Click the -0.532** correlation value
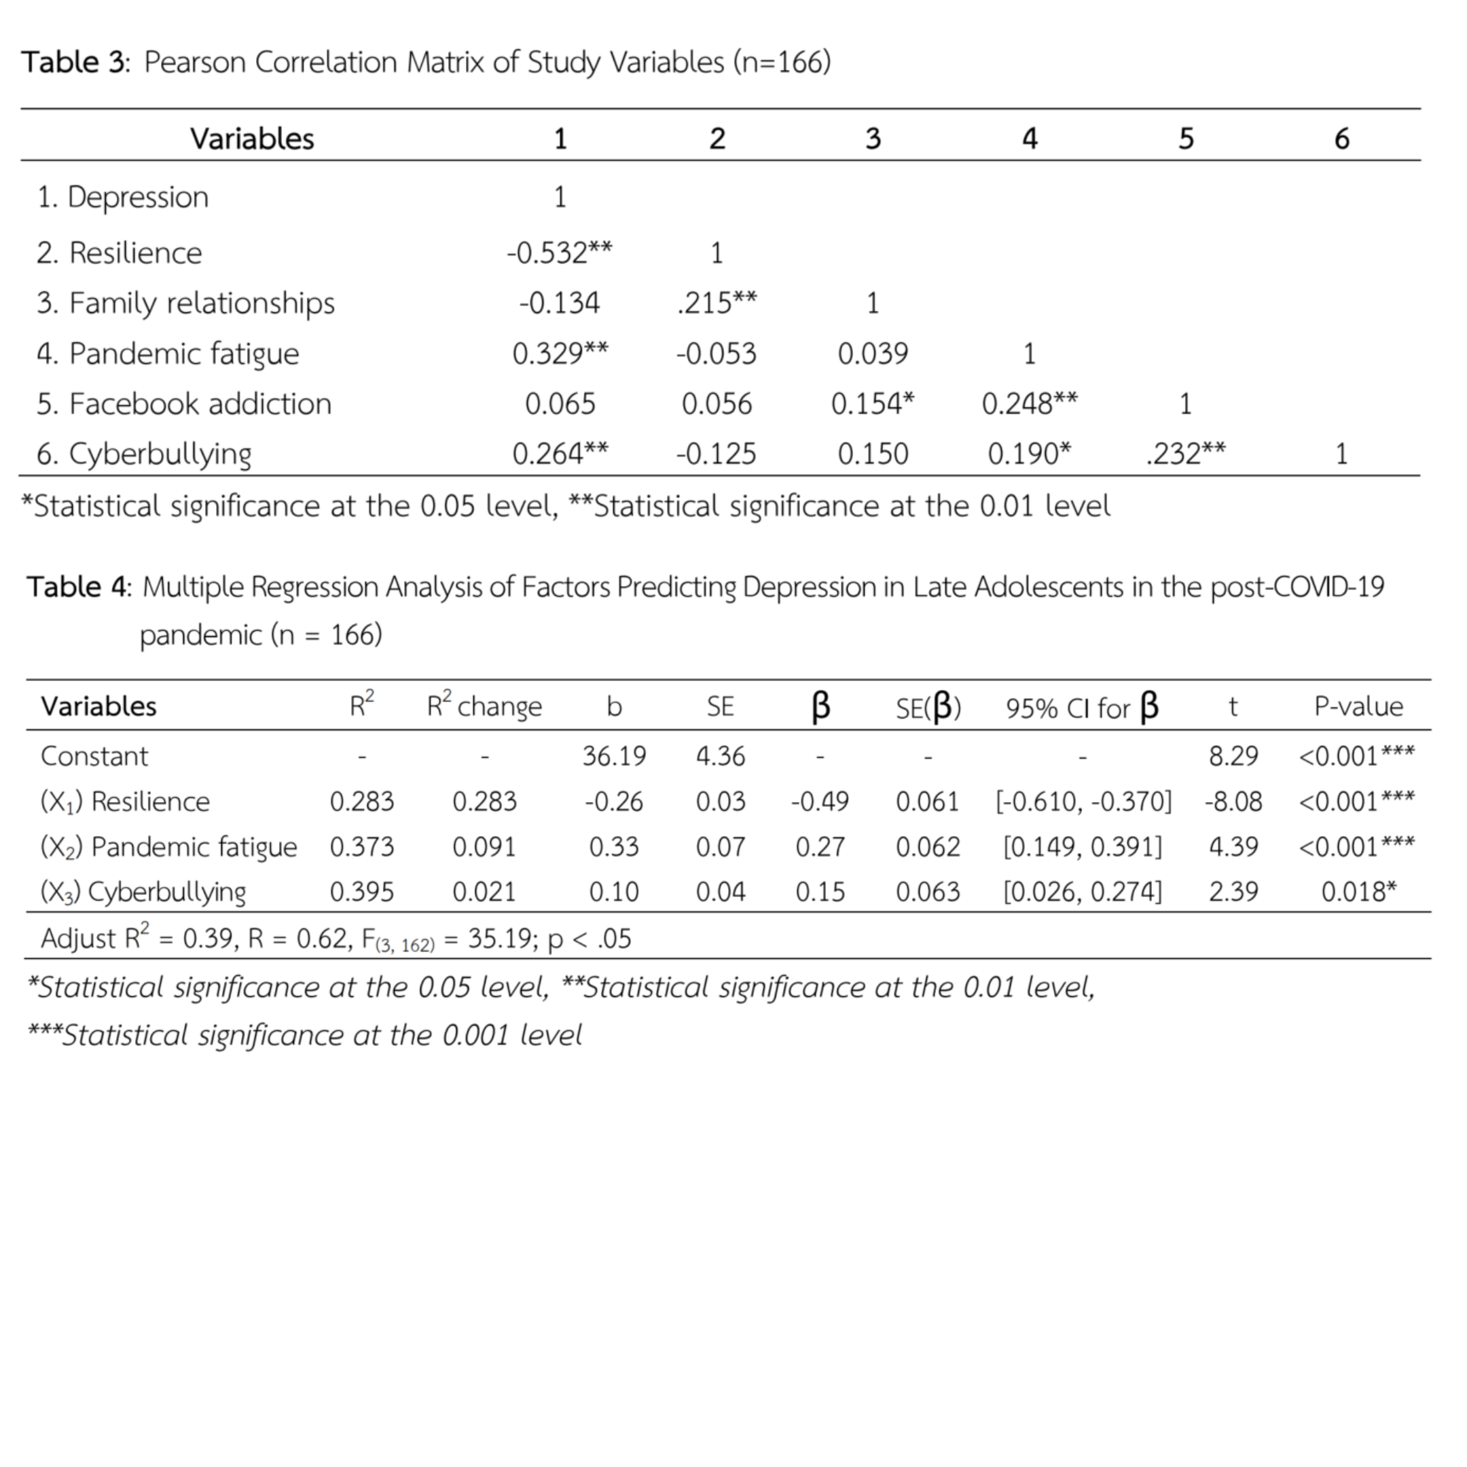[x=559, y=253]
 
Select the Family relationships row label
[x=185, y=304]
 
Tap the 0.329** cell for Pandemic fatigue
[x=560, y=354]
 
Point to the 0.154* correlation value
[x=873, y=404]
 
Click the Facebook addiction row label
[x=184, y=404]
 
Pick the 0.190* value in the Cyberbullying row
[x=1029, y=454]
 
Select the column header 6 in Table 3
[x=1341, y=139]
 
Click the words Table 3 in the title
[x=73, y=62]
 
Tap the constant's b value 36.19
[x=613, y=757]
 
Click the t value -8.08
[x=1233, y=802]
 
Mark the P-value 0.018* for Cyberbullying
[x=1358, y=892]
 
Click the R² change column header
[x=484, y=706]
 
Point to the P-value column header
[x=1358, y=706]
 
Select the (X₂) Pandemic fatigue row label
[x=168, y=848]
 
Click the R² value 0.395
[x=361, y=892]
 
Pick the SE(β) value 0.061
[x=927, y=802]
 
